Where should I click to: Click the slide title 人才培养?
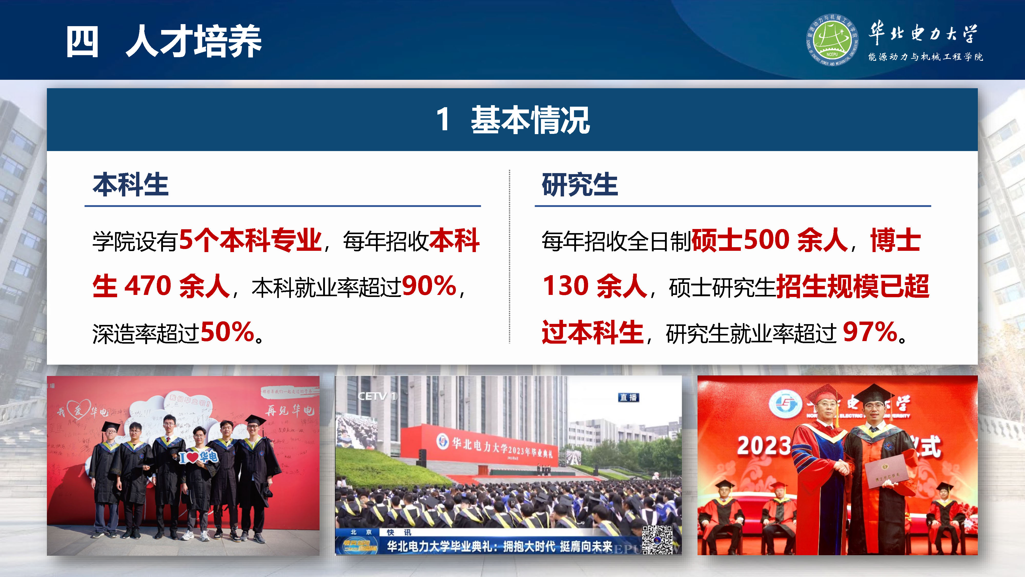[x=193, y=41]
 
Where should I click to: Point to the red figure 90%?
[x=429, y=286]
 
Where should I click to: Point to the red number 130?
[x=566, y=286]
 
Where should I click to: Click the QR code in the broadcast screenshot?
[x=657, y=540]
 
